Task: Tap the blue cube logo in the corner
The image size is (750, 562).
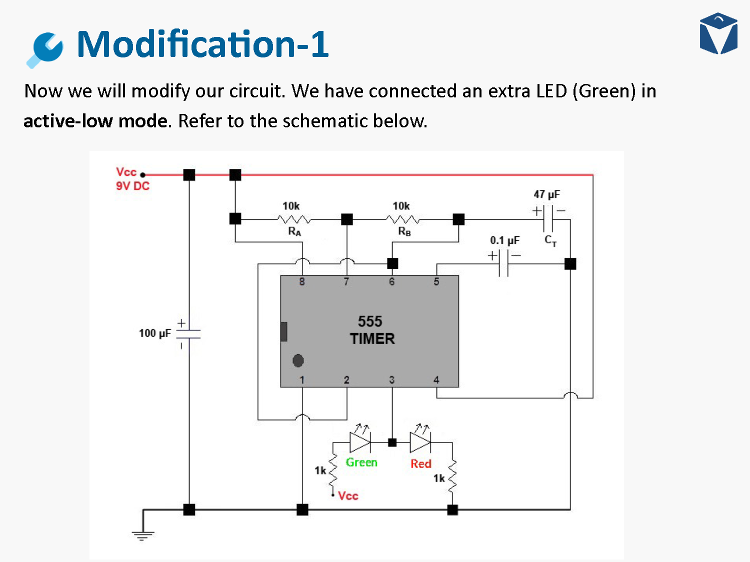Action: [718, 33]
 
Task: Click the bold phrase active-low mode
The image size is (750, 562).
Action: [95, 121]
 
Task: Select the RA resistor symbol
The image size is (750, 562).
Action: [294, 219]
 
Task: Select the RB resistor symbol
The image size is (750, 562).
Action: [403, 219]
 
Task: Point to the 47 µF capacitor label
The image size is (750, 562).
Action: [546, 194]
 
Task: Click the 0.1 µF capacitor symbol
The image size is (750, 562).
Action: [503, 263]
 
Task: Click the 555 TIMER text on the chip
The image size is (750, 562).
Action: [371, 330]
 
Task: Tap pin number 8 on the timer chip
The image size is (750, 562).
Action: [302, 282]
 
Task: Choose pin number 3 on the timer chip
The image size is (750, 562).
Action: [392, 380]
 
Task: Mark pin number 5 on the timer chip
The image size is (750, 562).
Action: [436, 282]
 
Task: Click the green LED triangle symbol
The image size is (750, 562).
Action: [359, 442]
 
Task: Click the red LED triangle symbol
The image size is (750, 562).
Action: [420, 442]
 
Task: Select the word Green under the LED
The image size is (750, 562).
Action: [361, 463]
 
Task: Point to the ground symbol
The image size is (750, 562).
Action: [143, 535]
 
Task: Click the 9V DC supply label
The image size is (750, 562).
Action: [132, 186]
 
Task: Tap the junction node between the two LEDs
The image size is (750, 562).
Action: [392, 442]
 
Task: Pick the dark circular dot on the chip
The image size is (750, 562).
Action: [298, 360]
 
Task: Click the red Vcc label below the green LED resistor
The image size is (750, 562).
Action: [348, 496]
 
